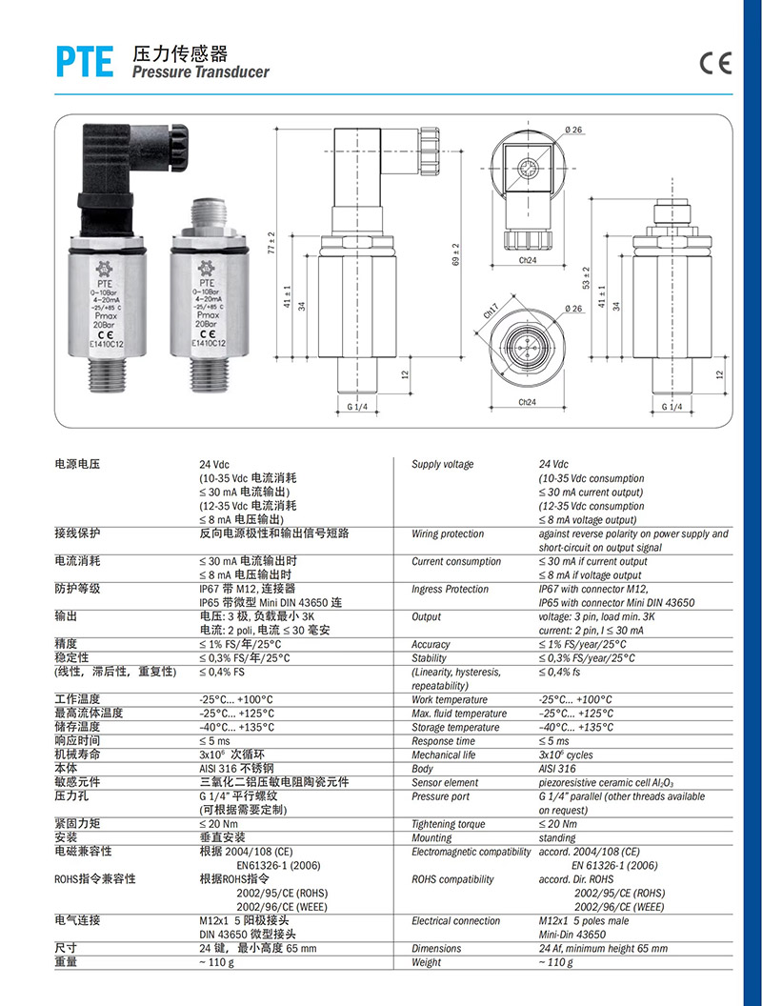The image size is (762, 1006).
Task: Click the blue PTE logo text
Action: click(x=85, y=62)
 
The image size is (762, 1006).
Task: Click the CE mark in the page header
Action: click(x=715, y=63)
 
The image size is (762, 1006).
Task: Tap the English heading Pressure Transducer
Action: click(x=201, y=71)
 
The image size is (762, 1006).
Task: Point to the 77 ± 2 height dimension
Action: click(x=271, y=242)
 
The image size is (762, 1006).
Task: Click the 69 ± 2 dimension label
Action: click(x=456, y=254)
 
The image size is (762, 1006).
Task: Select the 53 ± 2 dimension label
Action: click(x=586, y=278)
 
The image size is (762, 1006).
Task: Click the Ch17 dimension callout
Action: click(x=491, y=312)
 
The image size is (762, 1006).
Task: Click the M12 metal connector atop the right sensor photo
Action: click(x=207, y=219)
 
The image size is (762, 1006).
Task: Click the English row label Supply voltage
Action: click(x=443, y=464)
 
